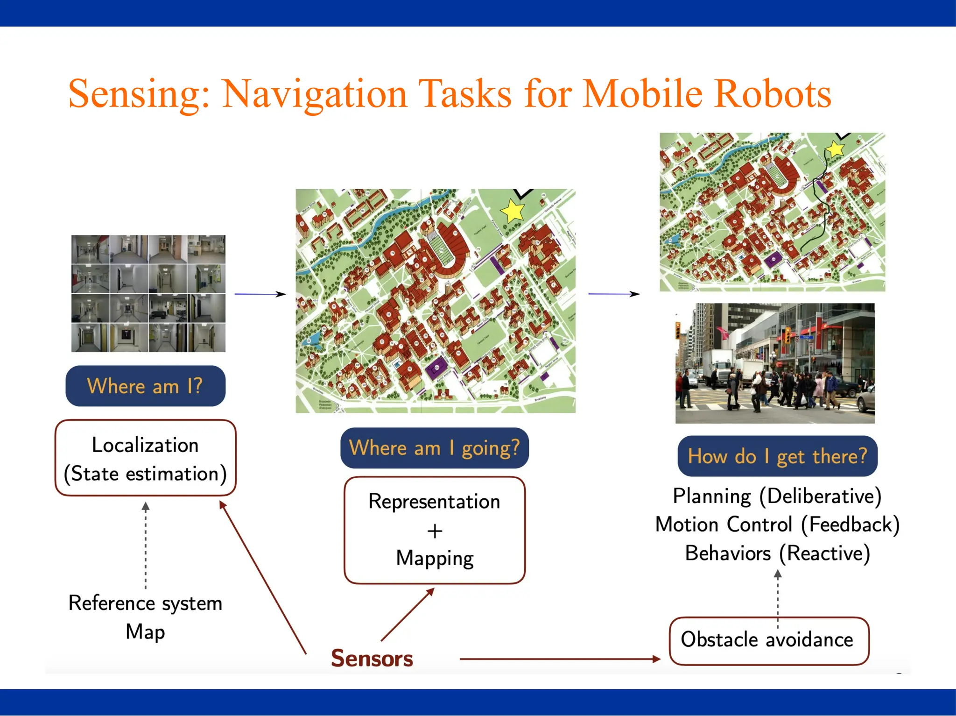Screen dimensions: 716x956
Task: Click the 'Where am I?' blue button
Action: pyautogui.click(x=145, y=386)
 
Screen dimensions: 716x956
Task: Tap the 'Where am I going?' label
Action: pyautogui.click(x=434, y=448)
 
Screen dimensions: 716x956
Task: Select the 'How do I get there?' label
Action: pyautogui.click(x=777, y=456)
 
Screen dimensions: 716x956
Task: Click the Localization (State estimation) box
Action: pyautogui.click(x=145, y=458)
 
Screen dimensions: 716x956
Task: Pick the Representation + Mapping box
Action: pyautogui.click(x=435, y=530)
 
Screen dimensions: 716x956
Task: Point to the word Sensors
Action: pyautogui.click(x=372, y=658)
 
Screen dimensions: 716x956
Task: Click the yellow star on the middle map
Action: pyautogui.click(x=513, y=211)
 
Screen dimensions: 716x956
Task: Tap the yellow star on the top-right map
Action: pyautogui.click(x=835, y=149)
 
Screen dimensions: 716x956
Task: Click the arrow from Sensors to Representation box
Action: pyautogui.click(x=407, y=614)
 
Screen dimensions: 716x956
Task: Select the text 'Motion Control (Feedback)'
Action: pyautogui.click(x=777, y=525)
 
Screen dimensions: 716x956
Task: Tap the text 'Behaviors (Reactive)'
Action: pyautogui.click(x=777, y=553)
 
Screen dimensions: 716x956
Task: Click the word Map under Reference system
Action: pyautogui.click(x=145, y=632)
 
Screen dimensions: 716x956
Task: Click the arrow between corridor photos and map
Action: pyautogui.click(x=260, y=294)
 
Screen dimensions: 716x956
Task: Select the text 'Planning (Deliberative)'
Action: pyautogui.click(x=777, y=496)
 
